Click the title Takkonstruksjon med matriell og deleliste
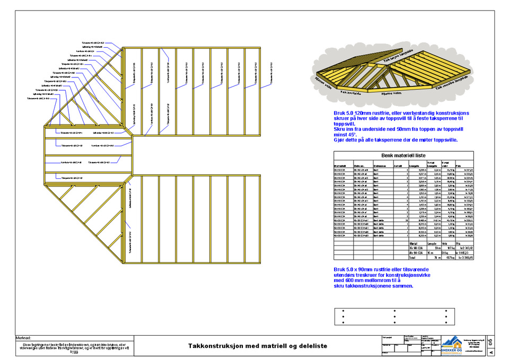click(258, 346)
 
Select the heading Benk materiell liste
click(403, 156)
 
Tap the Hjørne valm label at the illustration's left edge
click(324, 84)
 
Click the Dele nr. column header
click(360, 166)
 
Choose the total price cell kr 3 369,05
click(463, 258)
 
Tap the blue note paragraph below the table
click(374, 278)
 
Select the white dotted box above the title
click(394, 317)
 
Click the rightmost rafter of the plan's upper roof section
click(260, 91)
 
